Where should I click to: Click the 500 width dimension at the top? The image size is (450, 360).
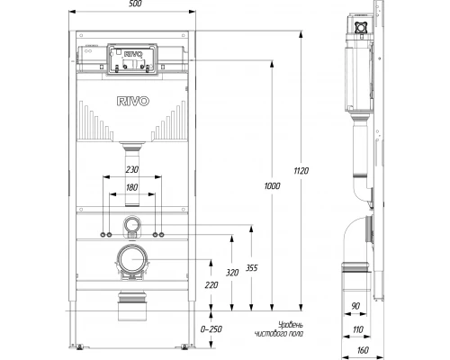pos(135,4)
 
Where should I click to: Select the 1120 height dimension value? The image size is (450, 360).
pos(301,171)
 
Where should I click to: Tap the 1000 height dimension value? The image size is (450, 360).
pos(272,186)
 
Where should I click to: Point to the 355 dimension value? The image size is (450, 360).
pos(252,268)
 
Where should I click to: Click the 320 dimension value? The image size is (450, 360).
pos(232,273)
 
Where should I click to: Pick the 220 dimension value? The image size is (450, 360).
pos(211,285)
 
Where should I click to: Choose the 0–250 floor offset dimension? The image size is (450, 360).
pos(211,329)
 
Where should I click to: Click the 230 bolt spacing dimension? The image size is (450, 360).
pos(132,170)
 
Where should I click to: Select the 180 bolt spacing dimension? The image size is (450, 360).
pos(132,187)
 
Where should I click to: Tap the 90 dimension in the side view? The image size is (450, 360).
pos(355,306)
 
